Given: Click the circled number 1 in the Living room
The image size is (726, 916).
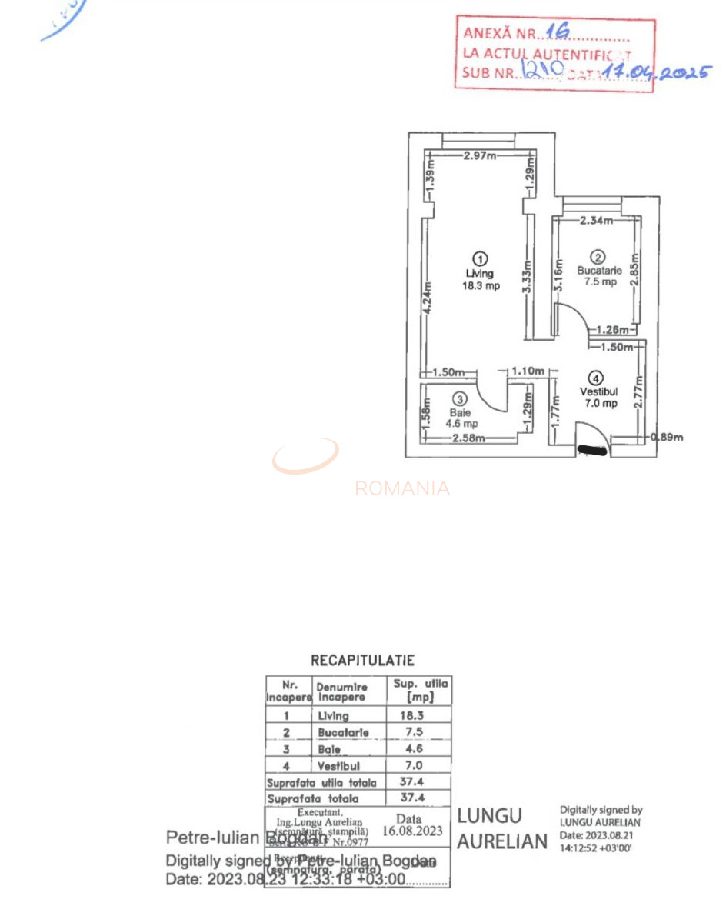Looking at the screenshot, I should pos(480,258).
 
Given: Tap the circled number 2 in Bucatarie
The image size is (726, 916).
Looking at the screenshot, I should pos(598,257).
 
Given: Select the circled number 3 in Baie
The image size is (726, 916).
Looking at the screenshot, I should pos(460,399).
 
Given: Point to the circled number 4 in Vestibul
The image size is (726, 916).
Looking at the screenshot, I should pos(598,378).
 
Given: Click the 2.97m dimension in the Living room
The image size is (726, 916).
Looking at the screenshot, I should pos(480,155).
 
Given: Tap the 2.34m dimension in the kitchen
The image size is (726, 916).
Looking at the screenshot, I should pos(596,221).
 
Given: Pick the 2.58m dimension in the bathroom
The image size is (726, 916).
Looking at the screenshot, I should pos(468,438).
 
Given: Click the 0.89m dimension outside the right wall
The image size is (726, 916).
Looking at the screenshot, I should pos(666,438).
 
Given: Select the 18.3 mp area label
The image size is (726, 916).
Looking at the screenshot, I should pos(481,286).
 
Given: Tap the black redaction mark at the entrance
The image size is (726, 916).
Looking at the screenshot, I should pos(592,450).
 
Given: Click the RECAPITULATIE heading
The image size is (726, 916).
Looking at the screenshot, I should pos(362,660).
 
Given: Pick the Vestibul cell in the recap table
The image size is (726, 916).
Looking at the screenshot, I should pos(338,766).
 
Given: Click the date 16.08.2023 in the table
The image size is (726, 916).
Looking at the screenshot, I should pos(414,831).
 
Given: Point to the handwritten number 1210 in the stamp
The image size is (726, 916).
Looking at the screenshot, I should pos(543,70).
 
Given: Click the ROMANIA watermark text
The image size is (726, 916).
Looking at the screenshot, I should pos(402,488).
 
